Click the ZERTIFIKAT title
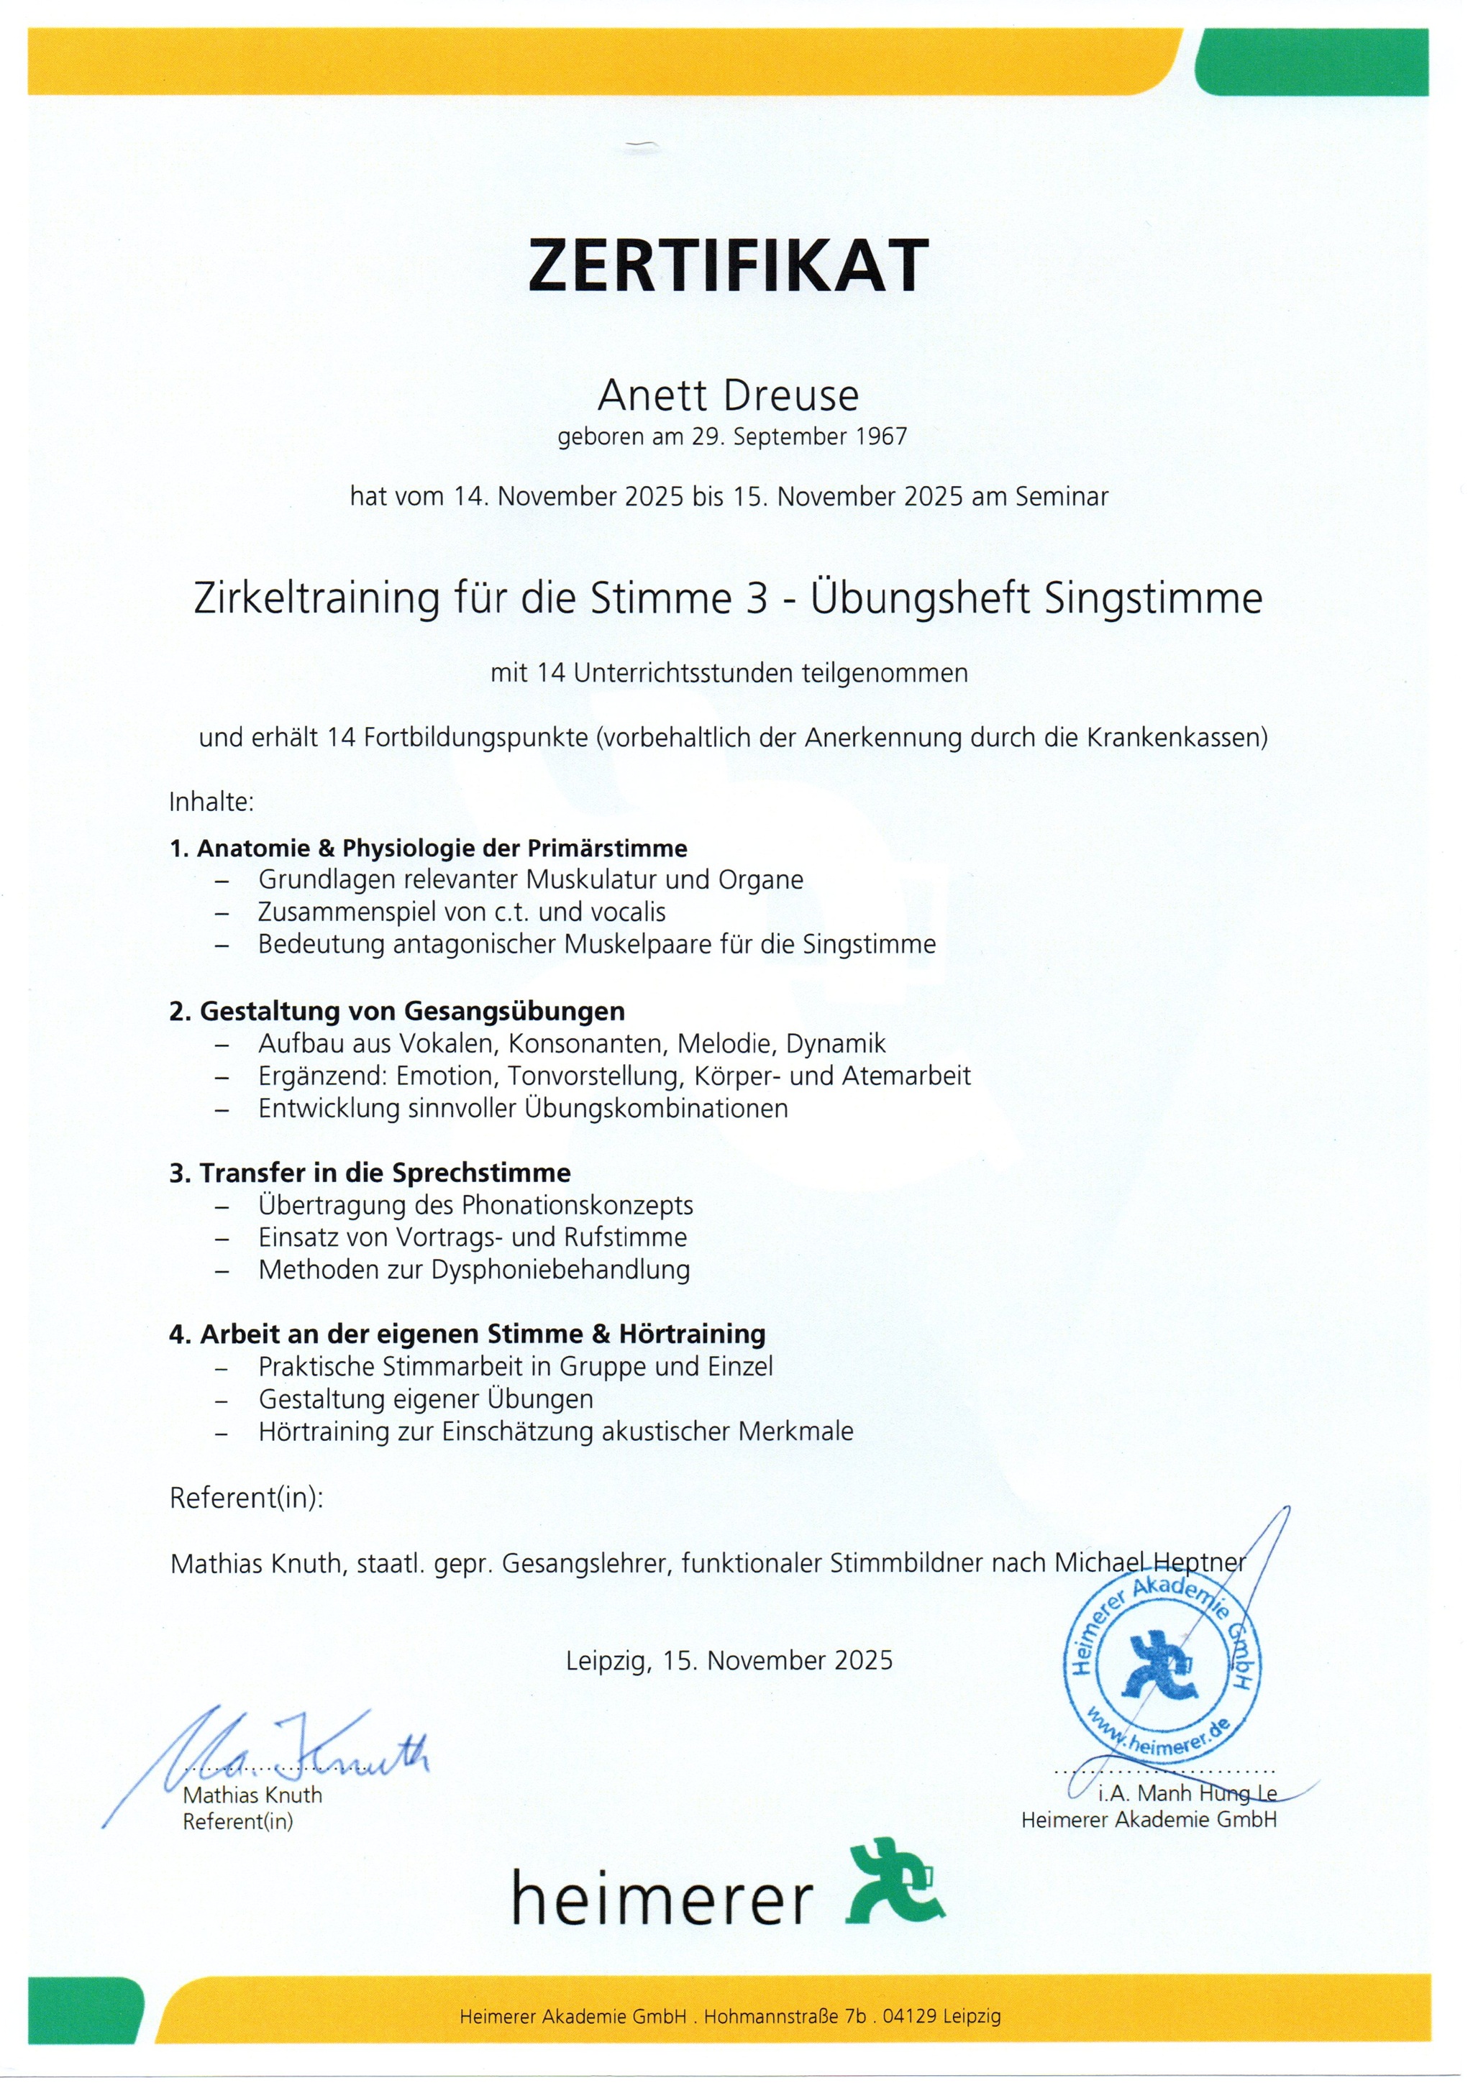(728, 265)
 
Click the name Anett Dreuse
(728, 395)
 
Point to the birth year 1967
(881, 437)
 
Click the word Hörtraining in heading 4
(693, 1335)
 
